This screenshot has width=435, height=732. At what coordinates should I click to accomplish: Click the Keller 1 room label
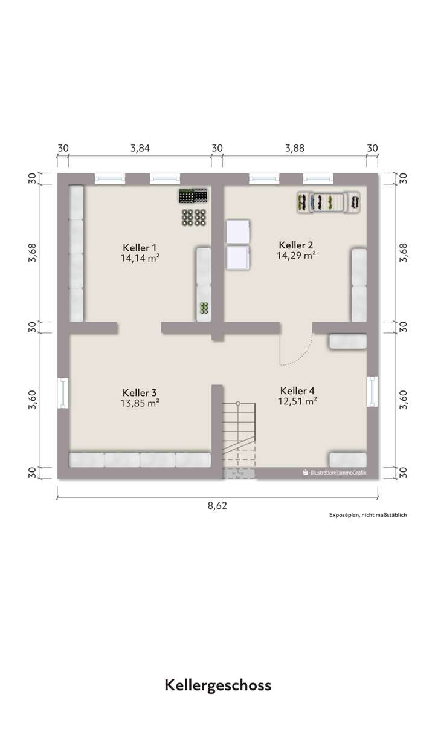[x=140, y=247]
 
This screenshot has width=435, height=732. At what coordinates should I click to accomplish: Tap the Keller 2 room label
[x=296, y=245]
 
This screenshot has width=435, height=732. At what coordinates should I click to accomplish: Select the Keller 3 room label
[x=140, y=392]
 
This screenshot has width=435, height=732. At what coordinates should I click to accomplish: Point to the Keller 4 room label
[x=297, y=390]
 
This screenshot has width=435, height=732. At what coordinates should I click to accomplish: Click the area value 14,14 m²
[x=140, y=257]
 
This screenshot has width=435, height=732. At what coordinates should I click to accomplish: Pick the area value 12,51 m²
[x=297, y=400]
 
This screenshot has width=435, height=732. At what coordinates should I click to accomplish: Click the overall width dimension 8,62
[x=217, y=506]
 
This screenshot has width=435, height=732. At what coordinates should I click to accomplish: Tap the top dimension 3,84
[x=140, y=148]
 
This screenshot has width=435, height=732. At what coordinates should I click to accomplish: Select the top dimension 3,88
[x=295, y=148]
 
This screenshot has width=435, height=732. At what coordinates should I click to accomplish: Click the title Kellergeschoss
[x=217, y=685]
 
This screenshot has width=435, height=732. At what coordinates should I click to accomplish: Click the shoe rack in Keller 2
[x=329, y=202]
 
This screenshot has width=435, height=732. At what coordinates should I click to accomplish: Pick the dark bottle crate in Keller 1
[x=193, y=196]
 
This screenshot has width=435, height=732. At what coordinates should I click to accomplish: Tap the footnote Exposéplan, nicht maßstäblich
[x=368, y=515]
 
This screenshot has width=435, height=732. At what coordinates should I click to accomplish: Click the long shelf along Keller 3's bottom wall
[x=140, y=460]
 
